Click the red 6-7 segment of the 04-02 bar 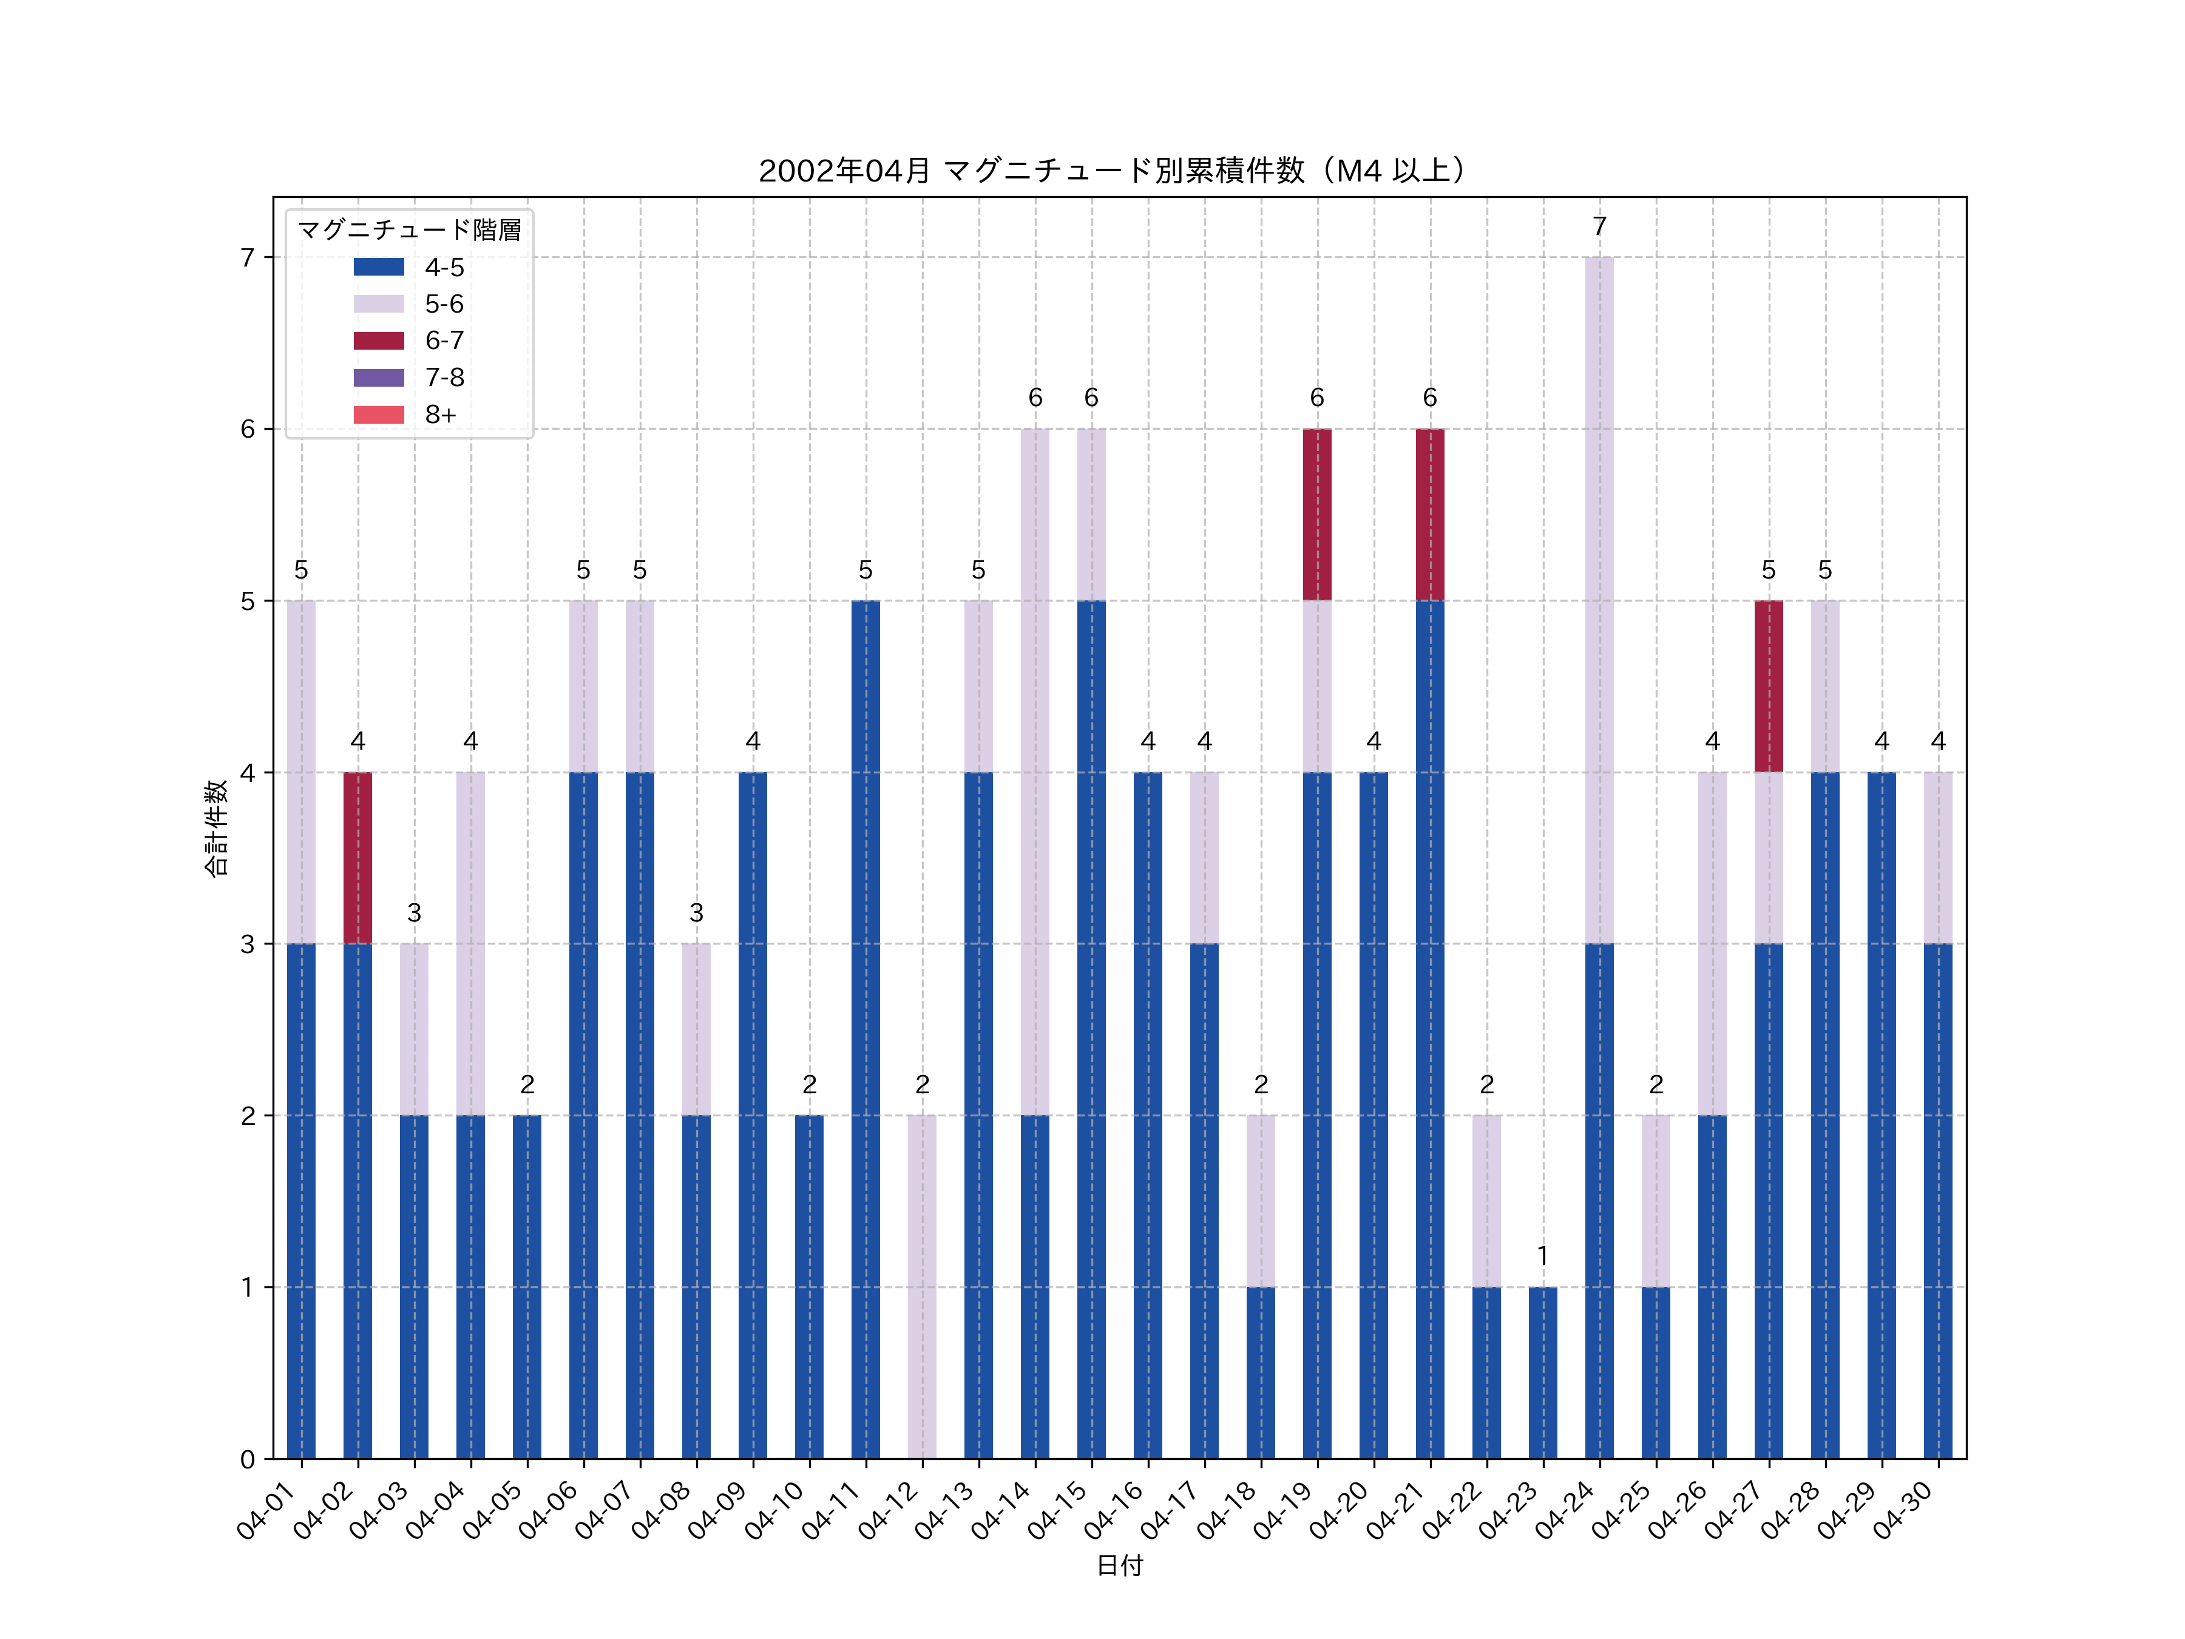pos(357,858)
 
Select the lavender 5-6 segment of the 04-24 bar pos(1599,600)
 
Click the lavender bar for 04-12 pos(921,1286)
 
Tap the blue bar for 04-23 pos(1543,1373)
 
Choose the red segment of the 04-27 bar pos(1768,685)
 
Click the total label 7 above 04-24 pos(1599,227)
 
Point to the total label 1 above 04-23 pos(1543,1256)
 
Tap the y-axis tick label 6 pos(248,429)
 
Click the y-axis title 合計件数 pos(216,828)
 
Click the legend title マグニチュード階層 pos(409,230)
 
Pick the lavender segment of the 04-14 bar pos(1035,772)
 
